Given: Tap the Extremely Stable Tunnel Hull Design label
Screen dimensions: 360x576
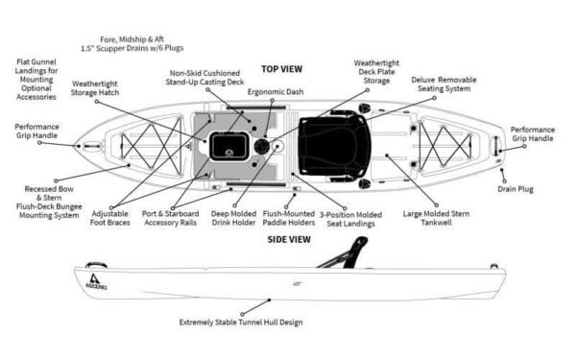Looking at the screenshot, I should tap(241, 323).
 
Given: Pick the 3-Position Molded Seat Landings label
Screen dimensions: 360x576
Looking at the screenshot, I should tap(349, 219).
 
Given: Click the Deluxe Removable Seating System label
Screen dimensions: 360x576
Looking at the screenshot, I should tap(442, 84).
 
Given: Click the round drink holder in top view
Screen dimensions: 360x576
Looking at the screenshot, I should tap(261, 147).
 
